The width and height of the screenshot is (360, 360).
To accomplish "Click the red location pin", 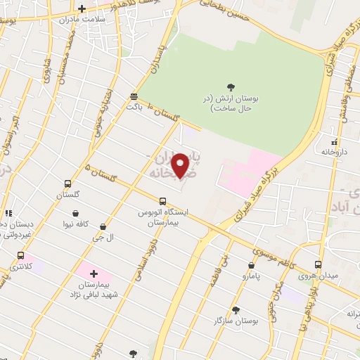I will click(181, 166).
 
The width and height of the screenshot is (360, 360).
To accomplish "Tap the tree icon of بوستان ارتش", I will click(231, 87).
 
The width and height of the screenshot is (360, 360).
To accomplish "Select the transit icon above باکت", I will click(134, 96).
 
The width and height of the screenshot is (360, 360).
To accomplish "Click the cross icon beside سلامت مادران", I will click(82, 9).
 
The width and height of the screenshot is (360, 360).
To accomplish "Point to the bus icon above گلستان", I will click(68, 182).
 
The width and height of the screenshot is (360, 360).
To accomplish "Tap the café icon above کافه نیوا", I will click(75, 214).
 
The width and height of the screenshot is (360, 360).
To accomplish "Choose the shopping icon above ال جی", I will click(103, 226).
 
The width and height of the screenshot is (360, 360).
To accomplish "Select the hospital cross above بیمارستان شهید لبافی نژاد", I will click(94, 274).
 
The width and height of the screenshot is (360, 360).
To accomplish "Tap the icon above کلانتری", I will click(20, 256).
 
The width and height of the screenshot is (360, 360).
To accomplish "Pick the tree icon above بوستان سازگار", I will click(236, 309).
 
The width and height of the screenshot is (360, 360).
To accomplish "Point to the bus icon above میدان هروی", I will click(319, 264).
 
